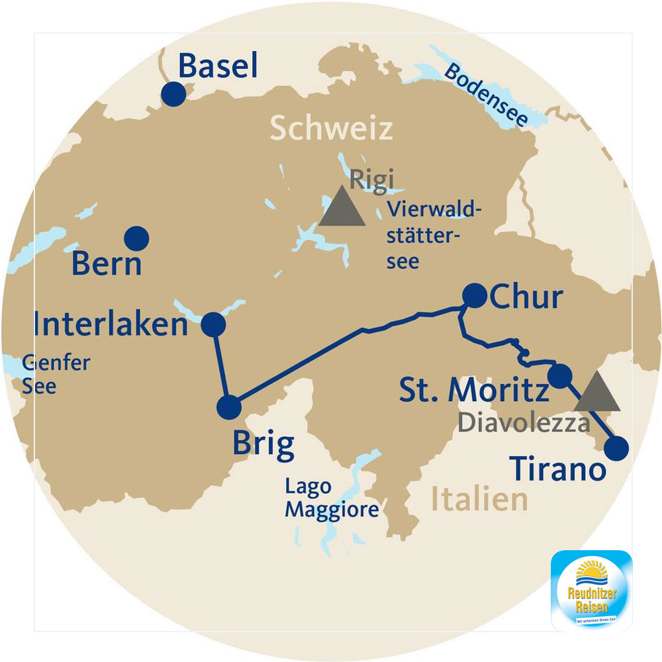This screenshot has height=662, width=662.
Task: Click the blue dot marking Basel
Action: coord(173,93)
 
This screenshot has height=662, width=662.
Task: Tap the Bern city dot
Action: coord(136,238)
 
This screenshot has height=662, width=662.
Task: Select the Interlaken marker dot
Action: coord(213,324)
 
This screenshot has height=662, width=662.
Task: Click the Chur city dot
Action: coord(474,295)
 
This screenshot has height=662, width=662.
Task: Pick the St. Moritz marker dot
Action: coord(559,376)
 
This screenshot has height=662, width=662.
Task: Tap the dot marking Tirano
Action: coord(616,448)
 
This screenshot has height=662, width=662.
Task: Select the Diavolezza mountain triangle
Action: coord(596,393)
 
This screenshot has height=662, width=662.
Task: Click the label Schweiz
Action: coord(331,129)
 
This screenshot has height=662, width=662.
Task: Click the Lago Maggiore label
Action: coord(332,498)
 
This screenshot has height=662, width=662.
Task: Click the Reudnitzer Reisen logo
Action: coord(591,590)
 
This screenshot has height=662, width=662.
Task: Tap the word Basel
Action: coord(218,68)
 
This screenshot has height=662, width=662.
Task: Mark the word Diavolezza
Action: coord(524,423)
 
